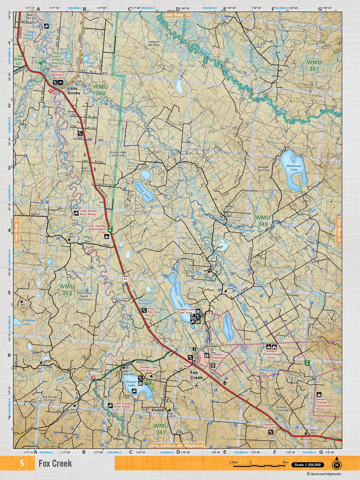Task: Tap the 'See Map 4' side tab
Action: (x=16, y=230)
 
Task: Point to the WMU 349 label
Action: (x=263, y=220)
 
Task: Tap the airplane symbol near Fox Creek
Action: (x=225, y=383)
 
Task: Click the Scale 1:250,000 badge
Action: (x=308, y=465)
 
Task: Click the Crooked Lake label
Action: (x=28, y=322)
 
